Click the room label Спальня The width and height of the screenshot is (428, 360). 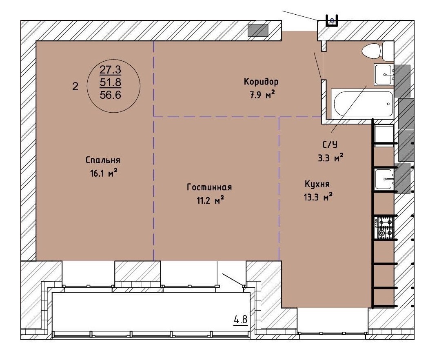tap(103, 160)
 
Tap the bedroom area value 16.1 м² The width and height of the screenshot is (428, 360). tap(104, 173)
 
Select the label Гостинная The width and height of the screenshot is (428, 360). tap(209, 187)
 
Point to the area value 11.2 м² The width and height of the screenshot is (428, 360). tap(211, 200)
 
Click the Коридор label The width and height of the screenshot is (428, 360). tap(261, 81)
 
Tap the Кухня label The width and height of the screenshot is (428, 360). tap(317, 184)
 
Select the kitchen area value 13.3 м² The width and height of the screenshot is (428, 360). tap(318, 197)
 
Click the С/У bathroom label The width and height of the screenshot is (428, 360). tap(330, 144)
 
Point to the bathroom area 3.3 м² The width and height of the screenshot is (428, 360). tap(330, 158)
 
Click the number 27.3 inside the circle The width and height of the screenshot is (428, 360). tap(110, 70)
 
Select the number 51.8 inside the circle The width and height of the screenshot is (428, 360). tap(111, 82)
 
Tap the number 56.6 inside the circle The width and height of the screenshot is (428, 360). tap(111, 95)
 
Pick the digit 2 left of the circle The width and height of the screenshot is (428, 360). tap(75, 87)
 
